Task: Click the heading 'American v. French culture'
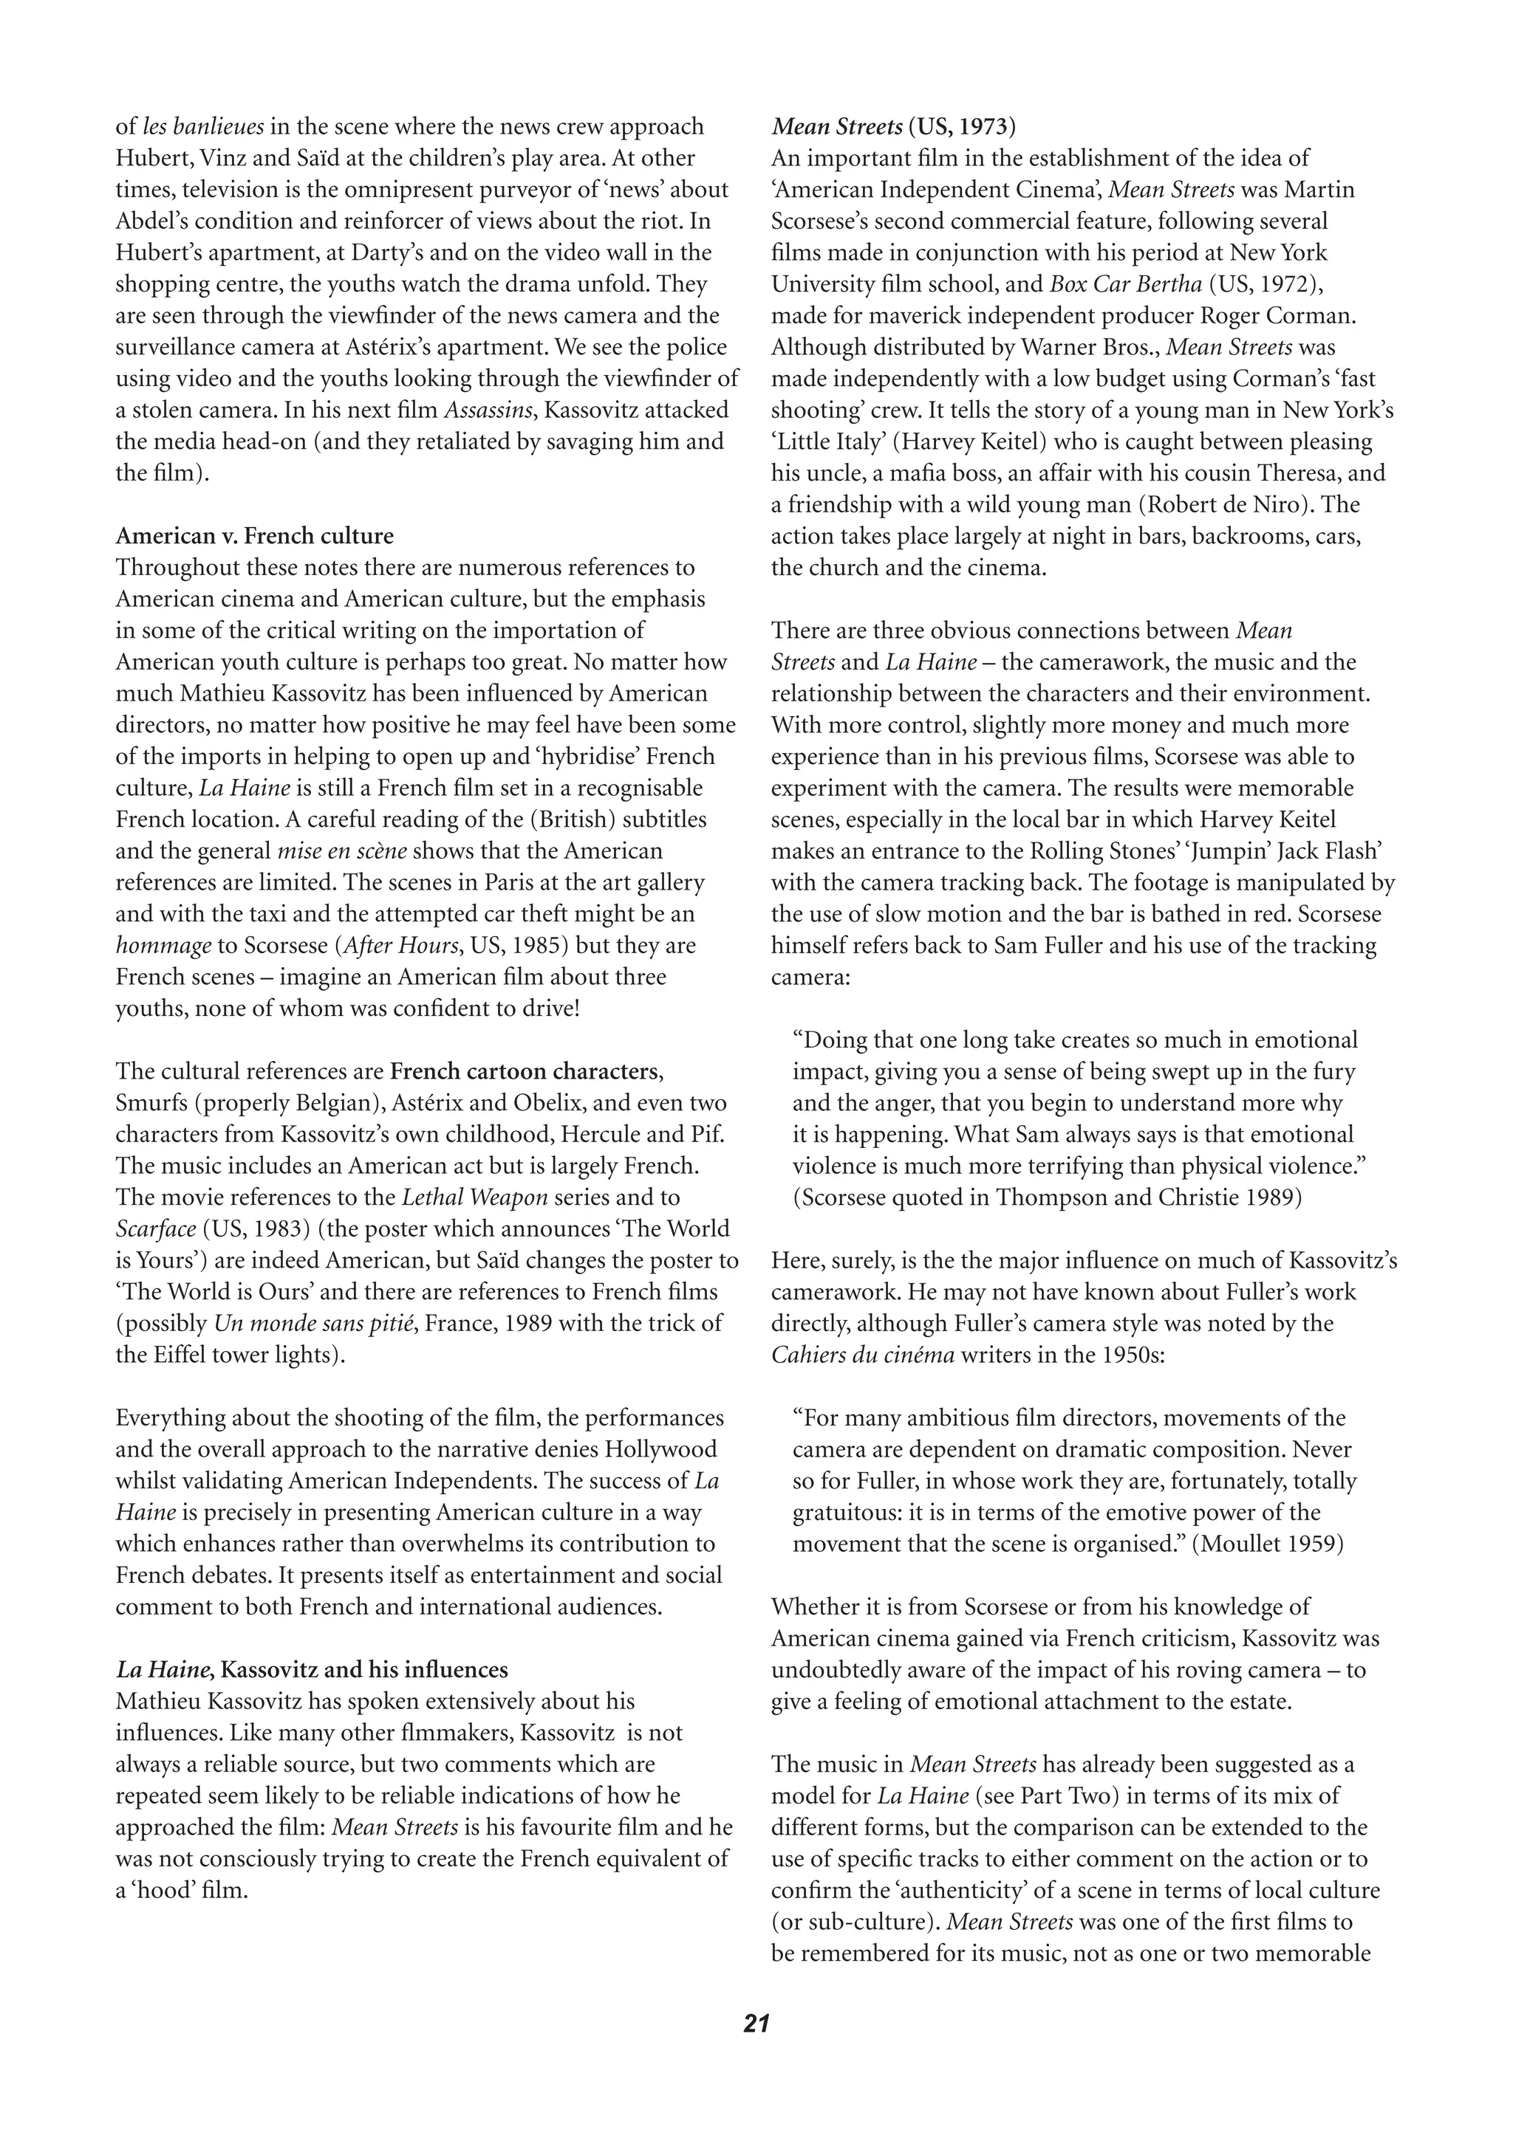point(254,537)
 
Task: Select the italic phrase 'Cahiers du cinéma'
point(862,1355)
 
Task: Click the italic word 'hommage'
point(163,946)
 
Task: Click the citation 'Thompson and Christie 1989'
point(1145,1197)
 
